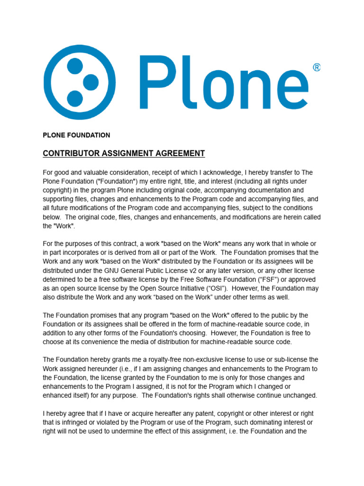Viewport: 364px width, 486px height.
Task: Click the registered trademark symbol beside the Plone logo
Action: click(x=317, y=68)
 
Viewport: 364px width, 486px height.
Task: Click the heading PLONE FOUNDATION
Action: click(x=76, y=135)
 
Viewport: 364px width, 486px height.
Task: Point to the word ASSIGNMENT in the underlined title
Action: click(x=127, y=153)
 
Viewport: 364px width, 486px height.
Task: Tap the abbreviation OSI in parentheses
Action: click(x=215, y=289)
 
